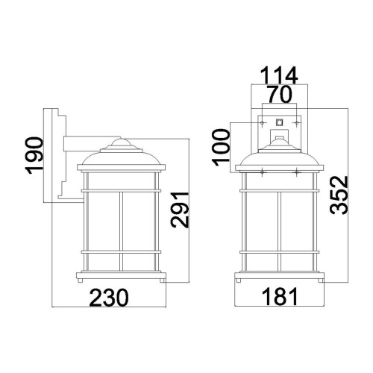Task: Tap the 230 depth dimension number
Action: [x=110, y=298]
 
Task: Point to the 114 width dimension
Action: [x=278, y=75]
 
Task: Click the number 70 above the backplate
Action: [x=278, y=94]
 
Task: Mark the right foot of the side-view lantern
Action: [x=162, y=281]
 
